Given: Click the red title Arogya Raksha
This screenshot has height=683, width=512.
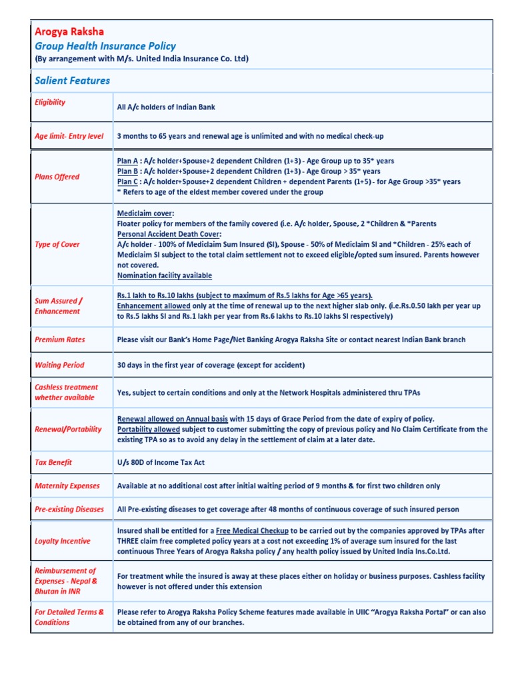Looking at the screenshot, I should click(x=69, y=31).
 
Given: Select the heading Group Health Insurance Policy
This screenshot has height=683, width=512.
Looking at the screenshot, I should click(x=105, y=46).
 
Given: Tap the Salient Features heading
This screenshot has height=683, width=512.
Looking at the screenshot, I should click(x=72, y=81).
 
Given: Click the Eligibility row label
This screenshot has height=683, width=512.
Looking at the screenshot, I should click(x=50, y=102).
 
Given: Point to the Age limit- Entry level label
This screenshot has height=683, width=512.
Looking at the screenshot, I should click(x=69, y=136).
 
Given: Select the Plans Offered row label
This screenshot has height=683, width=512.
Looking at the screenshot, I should click(x=57, y=177).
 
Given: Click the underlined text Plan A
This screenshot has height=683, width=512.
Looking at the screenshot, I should click(x=127, y=161).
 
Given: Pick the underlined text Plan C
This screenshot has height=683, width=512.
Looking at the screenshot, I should click(x=127, y=181).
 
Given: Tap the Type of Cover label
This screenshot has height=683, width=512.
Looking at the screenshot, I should click(x=57, y=244).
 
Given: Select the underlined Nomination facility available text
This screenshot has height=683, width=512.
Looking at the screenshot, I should click(x=165, y=275).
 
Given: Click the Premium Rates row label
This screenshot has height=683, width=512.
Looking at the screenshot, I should click(x=60, y=339).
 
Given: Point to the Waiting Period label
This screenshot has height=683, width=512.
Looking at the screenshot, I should click(x=59, y=365).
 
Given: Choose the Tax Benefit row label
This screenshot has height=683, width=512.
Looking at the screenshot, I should click(x=53, y=462).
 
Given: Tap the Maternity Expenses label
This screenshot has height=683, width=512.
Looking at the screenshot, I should click(x=67, y=486).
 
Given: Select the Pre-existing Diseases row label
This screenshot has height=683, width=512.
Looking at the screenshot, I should click(x=69, y=509).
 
